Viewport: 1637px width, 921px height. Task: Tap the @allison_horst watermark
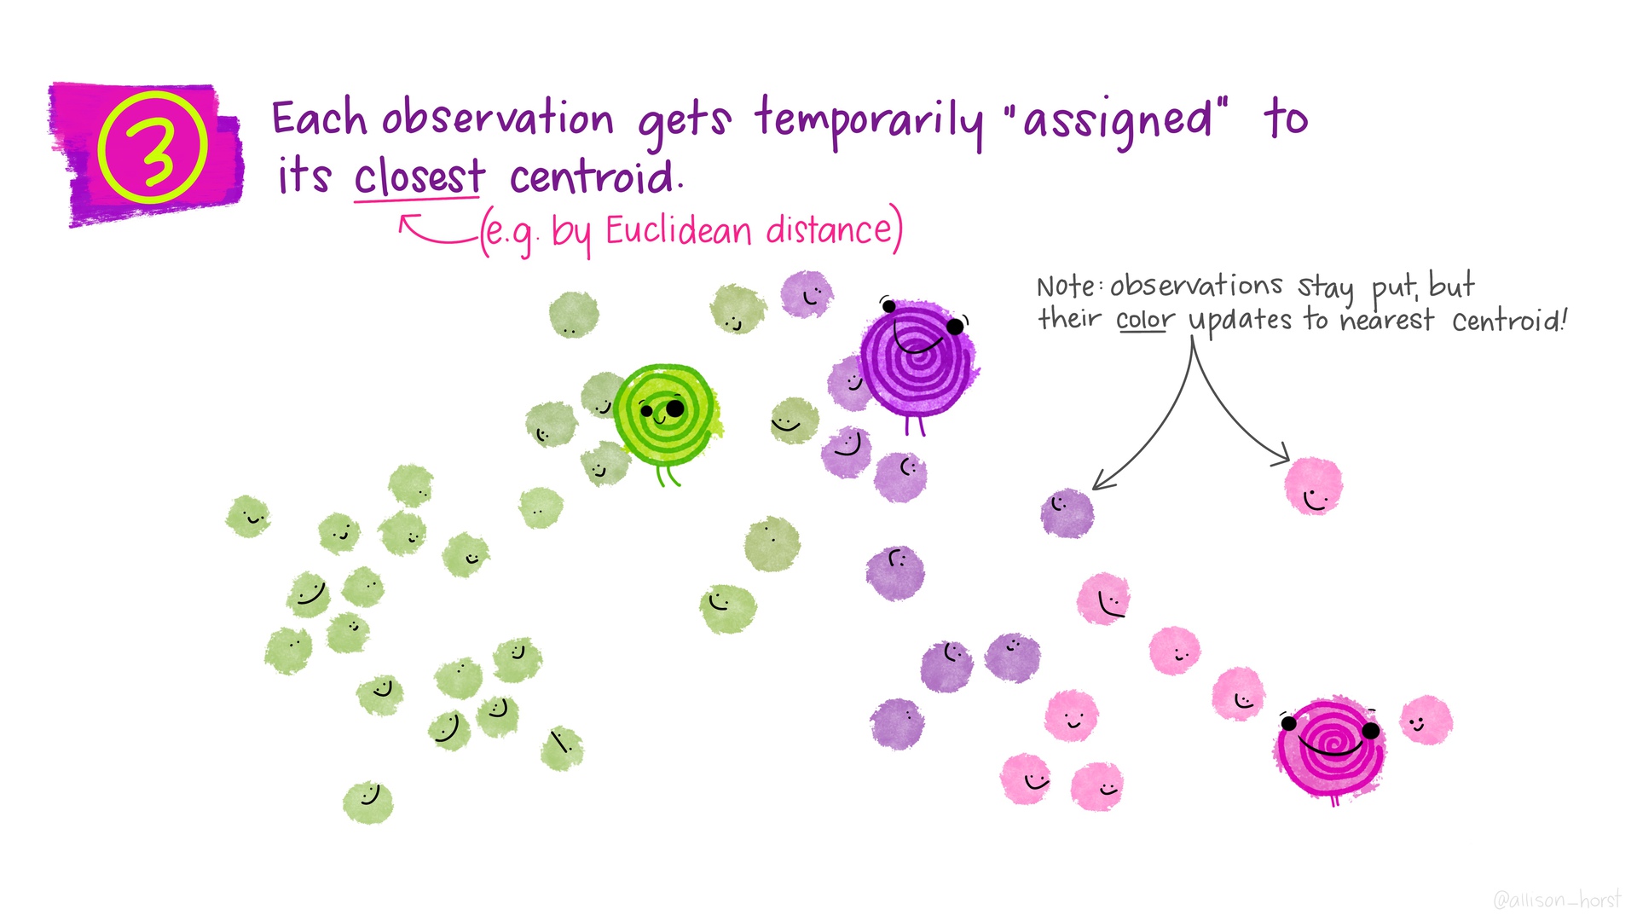point(1557,899)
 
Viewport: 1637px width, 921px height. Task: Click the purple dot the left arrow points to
point(1067,513)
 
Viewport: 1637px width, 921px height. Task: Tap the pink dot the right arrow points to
point(1313,486)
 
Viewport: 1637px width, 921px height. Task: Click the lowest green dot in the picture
point(368,802)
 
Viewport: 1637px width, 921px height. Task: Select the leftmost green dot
point(248,516)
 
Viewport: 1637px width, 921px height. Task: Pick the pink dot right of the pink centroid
point(1426,720)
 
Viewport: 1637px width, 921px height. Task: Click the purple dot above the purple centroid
point(807,295)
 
